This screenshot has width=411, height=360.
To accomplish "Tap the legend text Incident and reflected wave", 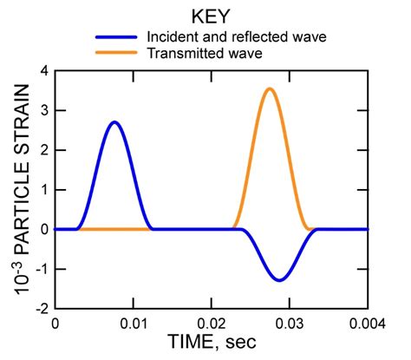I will tap(242, 37).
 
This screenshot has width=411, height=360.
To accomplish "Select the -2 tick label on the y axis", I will tap(38, 309).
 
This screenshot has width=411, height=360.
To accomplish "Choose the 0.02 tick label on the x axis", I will tap(211, 324).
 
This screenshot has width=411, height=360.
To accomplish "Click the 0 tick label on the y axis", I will tap(42, 230).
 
